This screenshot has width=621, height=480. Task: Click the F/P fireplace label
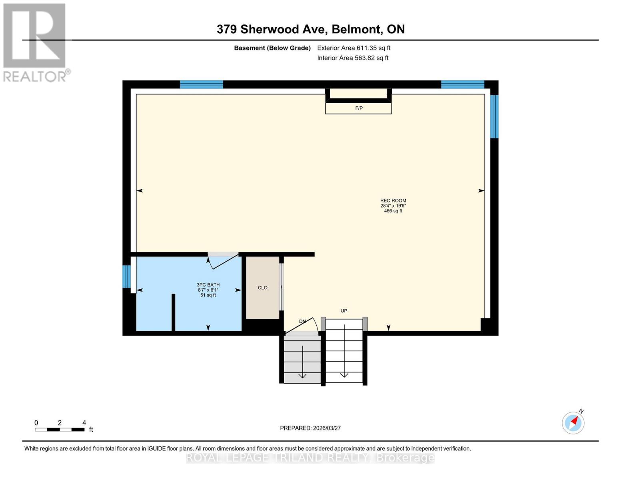[359, 108]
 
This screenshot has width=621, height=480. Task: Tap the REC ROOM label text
[393, 201]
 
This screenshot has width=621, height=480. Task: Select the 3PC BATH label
[208, 285]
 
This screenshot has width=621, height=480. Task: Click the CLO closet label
[262, 288]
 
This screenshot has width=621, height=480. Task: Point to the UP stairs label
[344, 311]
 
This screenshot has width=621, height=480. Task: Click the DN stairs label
[303, 322]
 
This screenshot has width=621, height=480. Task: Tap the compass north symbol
[573, 422]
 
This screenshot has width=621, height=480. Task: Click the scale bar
[60, 430]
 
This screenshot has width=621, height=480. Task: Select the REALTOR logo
[35, 42]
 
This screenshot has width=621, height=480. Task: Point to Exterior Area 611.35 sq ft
[353, 48]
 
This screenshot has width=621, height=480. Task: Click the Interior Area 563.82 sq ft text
[353, 58]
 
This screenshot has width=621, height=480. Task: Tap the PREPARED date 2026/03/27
[310, 428]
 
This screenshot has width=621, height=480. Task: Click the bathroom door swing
[223, 261]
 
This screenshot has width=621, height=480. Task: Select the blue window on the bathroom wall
[126, 276]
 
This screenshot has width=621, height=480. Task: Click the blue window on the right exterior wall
[494, 116]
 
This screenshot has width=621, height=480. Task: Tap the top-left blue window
[201, 84]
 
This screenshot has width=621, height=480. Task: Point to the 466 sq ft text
[393, 211]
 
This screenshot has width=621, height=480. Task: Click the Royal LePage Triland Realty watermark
[310, 458]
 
